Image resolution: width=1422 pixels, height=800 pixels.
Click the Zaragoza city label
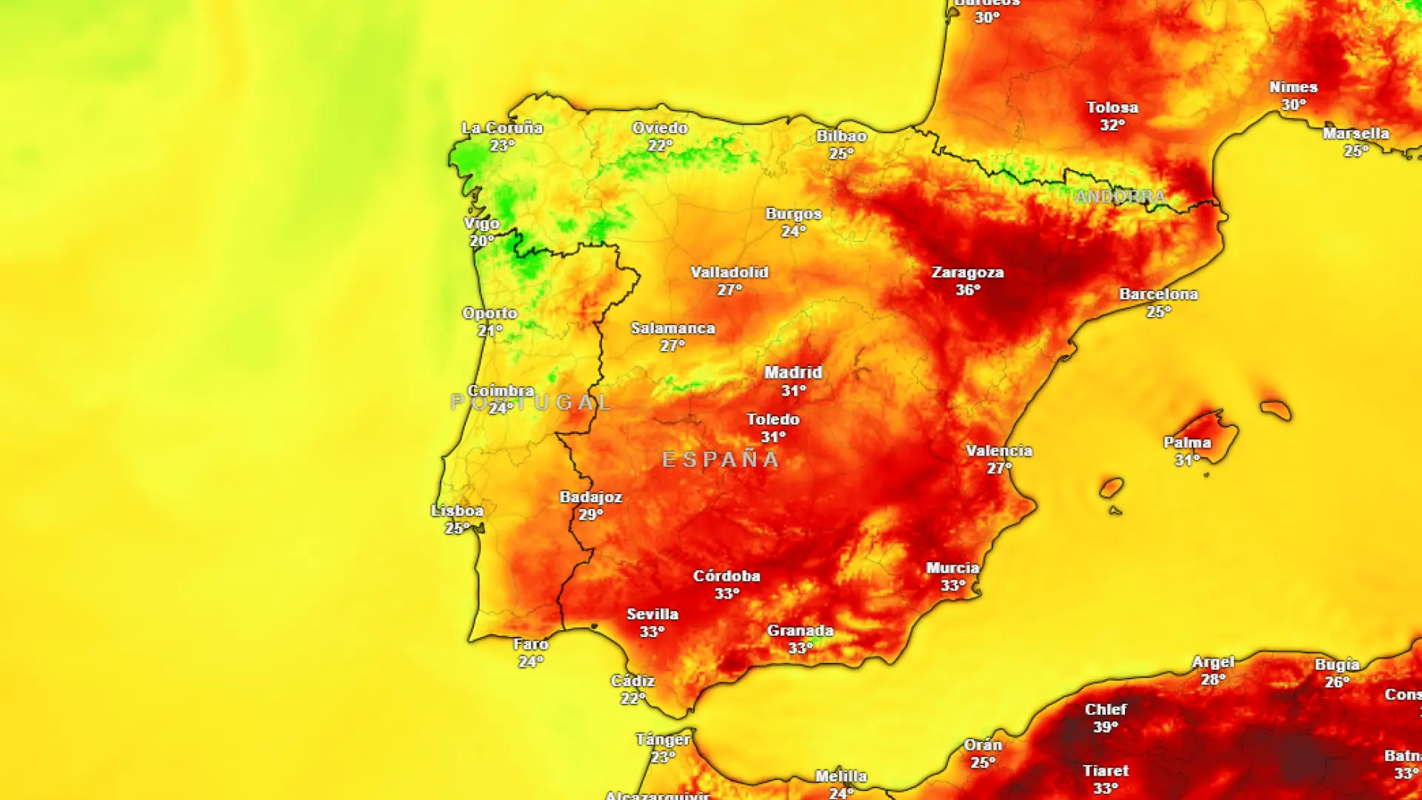(967, 273)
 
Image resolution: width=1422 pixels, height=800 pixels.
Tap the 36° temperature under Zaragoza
(967, 290)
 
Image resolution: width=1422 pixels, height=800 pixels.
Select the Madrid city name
(793, 373)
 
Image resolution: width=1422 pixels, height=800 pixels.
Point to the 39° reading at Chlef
(1105, 727)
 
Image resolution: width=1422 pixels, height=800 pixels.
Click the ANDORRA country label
(1120, 197)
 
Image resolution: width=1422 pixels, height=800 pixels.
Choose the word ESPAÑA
(721, 460)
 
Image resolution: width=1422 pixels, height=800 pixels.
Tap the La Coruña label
(502, 128)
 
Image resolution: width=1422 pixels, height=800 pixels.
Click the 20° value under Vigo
(481, 241)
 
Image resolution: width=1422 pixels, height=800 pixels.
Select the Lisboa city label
(457, 511)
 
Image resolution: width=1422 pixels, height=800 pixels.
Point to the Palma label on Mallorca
(1187, 443)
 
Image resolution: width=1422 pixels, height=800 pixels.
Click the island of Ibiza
(1111, 487)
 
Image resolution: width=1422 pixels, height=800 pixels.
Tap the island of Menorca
(1275, 409)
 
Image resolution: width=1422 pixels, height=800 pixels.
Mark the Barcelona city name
(1158, 294)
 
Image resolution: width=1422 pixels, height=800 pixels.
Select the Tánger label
(663, 740)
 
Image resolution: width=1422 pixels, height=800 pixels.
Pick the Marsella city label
(1355, 134)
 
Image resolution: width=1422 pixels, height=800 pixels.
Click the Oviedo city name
(660, 128)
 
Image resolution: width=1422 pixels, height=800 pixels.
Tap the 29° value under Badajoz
(591, 515)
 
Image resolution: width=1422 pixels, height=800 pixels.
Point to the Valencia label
(998, 451)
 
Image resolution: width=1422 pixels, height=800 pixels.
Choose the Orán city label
(983, 745)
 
